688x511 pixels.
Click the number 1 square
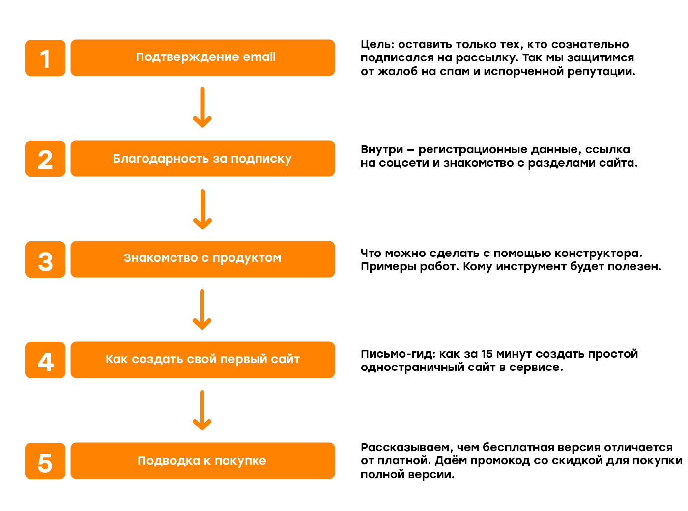tap(45, 57)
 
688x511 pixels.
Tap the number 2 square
tap(45, 159)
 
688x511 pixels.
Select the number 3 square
tap(45, 259)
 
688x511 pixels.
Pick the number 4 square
tap(45, 360)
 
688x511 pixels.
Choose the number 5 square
tap(45, 461)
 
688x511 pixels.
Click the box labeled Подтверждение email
tap(202, 57)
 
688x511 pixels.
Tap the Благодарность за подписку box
tap(202, 159)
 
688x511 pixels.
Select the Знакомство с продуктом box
tap(202, 259)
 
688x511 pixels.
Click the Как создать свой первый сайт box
tap(202, 360)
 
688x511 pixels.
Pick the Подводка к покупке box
tap(202, 461)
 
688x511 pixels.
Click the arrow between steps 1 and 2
tap(202, 107)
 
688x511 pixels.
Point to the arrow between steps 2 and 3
tap(202, 209)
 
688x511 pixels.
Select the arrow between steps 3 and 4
tap(202, 310)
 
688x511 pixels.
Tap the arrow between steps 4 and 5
tap(202, 410)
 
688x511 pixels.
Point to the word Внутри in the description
tap(382, 150)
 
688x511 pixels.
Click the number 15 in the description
tap(487, 354)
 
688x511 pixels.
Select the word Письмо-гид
tap(398, 354)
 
